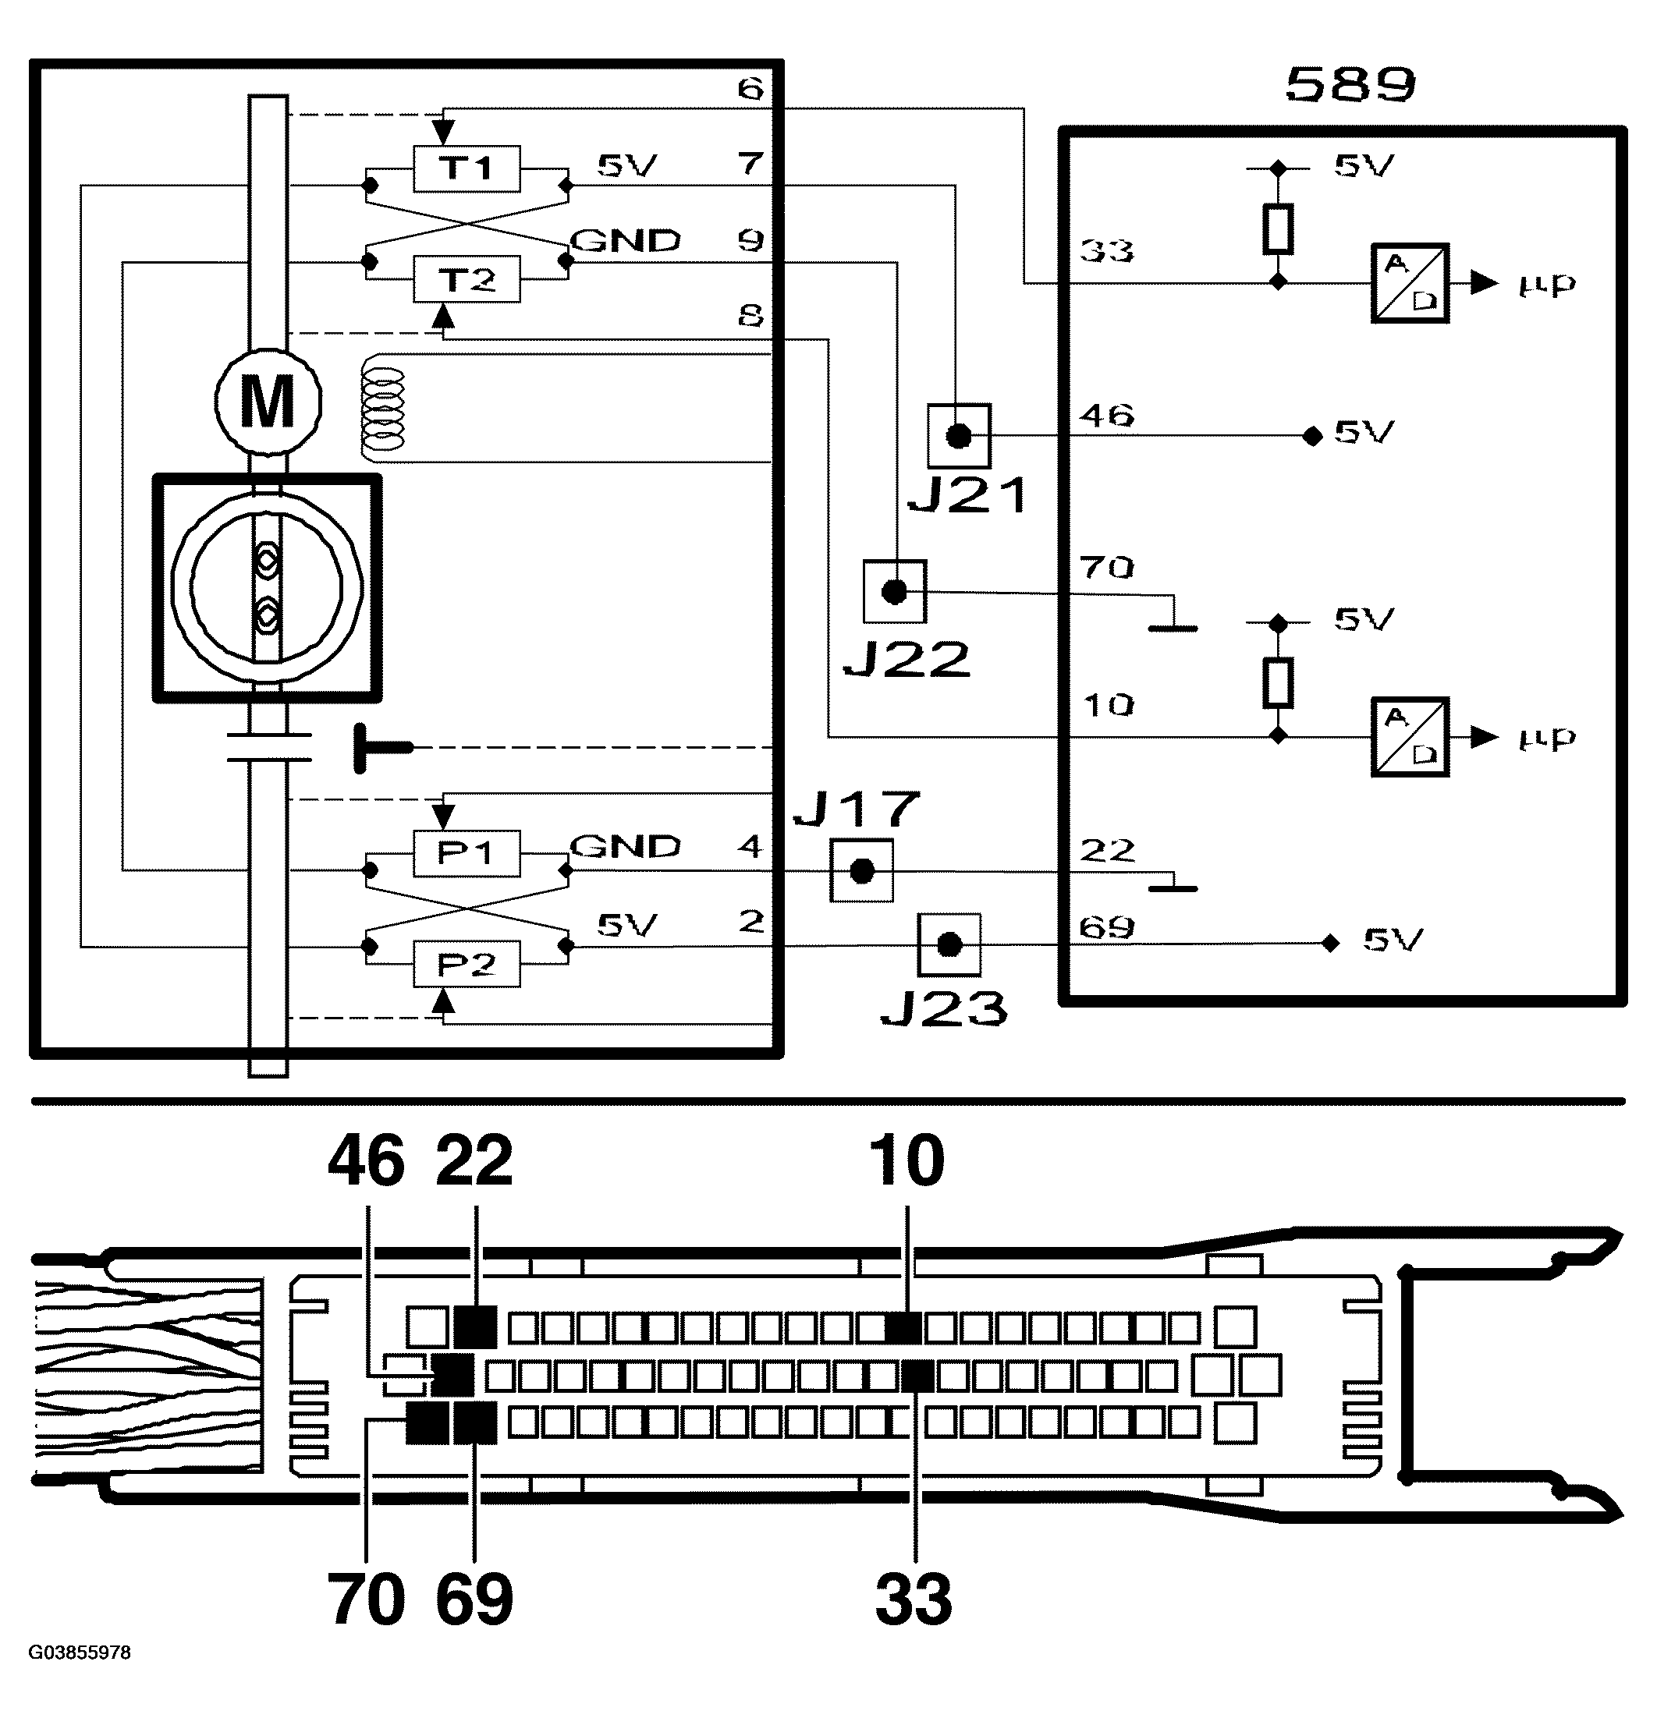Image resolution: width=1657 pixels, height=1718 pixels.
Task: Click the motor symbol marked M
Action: [x=268, y=402]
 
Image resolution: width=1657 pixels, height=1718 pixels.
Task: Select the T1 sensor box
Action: [x=467, y=168]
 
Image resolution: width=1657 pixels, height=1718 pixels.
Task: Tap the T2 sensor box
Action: [x=467, y=278]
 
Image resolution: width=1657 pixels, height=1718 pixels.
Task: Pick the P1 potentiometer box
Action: [x=467, y=853]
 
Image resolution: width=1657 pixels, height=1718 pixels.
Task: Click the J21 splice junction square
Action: [x=959, y=436]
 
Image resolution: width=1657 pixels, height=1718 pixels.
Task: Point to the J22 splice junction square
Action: [x=894, y=592]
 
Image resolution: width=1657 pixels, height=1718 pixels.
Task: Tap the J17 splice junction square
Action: [x=862, y=870]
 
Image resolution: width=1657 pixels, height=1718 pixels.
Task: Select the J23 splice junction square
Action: [x=949, y=945]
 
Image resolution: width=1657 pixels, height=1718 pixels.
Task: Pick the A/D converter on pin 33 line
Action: [x=1410, y=283]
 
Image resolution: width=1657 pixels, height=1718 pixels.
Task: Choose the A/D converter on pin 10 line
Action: [x=1410, y=737]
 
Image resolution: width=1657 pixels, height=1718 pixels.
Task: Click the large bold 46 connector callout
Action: [x=367, y=1160]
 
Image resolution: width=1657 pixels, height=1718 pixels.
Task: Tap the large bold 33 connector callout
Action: [x=914, y=1599]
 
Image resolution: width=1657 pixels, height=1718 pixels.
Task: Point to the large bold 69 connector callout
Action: [x=474, y=1599]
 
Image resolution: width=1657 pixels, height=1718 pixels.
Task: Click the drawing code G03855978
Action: [x=80, y=1652]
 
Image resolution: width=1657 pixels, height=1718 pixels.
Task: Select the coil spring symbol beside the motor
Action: [x=383, y=407]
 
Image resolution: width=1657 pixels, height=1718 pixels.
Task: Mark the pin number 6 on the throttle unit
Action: [x=750, y=89]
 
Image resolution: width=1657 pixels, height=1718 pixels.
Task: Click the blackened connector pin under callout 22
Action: [x=475, y=1327]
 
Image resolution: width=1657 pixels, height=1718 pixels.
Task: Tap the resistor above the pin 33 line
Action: [x=1279, y=228]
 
